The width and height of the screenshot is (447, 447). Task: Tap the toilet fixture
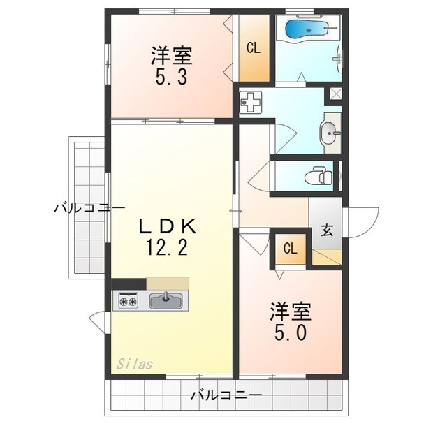321,175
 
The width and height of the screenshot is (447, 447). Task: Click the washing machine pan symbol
250,103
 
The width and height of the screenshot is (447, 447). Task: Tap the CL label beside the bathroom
253,48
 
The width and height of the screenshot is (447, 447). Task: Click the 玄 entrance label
326,230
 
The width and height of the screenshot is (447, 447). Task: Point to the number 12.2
167,247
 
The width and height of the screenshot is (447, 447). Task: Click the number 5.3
171,76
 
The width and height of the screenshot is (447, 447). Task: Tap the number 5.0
290,333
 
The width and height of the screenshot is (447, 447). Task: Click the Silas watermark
134,363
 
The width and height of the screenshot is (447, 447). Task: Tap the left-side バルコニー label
89,208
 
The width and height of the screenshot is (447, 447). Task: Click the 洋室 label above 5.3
171,55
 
